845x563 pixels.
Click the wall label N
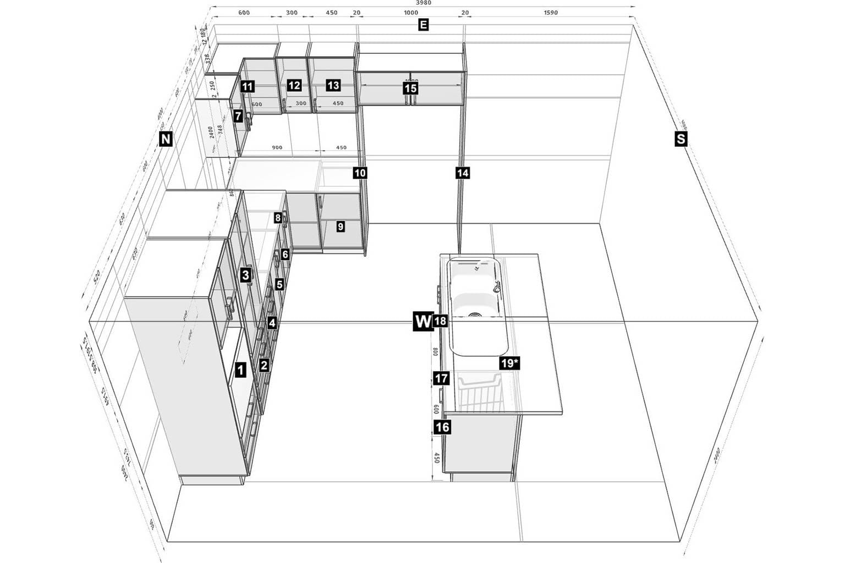click(165, 139)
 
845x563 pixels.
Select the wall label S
click(681, 139)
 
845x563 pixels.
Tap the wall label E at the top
click(423, 25)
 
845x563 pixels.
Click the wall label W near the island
click(422, 321)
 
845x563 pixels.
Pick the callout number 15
click(410, 88)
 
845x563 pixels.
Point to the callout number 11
click(247, 86)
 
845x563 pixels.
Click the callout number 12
click(294, 85)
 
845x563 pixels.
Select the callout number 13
click(333, 85)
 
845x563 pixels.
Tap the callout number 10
click(360, 173)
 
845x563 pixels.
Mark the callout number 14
click(463, 173)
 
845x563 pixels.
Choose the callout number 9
click(341, 226)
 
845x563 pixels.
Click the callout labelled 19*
click(509, 363)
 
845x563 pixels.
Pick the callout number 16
click(442, 427)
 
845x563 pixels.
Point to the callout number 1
click(240, 370)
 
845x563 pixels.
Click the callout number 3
click(245, 274)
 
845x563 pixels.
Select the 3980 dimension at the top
click(424, 3)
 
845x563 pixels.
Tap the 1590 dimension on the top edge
click(550, 13)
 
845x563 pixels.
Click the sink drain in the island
click(474, 315)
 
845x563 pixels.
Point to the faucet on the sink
click(497, 288)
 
